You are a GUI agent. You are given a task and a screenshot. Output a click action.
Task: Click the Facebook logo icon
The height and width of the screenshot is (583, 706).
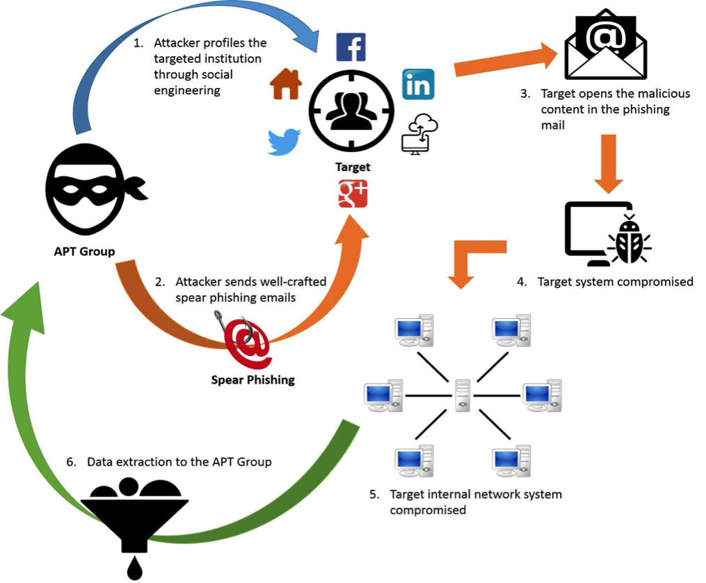click(351, 47)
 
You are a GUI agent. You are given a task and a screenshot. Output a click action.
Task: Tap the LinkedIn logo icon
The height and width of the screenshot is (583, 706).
click(418, 84)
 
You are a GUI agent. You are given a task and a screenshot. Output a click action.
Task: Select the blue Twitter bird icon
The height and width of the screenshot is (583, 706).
click(284, 141)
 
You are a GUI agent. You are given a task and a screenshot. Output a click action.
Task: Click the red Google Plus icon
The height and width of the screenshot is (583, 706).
click(353, 194)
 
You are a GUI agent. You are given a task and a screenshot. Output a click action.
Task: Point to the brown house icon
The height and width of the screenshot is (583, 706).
click(286, 84)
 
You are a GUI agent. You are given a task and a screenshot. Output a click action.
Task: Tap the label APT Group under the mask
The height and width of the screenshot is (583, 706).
click(84, 251)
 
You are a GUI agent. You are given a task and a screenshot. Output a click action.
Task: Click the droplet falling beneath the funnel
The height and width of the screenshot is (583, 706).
click(134, 568)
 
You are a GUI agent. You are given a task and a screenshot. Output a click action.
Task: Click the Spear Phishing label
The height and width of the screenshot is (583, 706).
click(253, 379)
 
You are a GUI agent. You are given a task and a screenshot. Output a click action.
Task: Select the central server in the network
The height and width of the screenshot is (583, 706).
click(463, 395)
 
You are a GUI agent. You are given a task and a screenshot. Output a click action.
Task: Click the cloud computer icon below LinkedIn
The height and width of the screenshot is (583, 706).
click(420, 133)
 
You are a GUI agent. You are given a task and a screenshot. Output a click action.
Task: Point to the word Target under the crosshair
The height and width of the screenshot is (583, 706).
click(353, 167)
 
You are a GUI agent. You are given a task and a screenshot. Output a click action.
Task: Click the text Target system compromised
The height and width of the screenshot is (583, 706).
click(615, 282)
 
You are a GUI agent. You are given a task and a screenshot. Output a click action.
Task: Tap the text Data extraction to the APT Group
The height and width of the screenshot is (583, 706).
click(179, 461)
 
